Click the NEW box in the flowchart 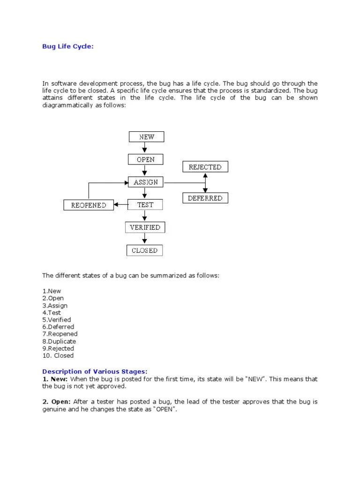coord(146,137)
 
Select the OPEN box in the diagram coord(145,159)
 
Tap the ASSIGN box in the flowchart coord(145,182)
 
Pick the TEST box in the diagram coord(145,204)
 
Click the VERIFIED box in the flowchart coord(145,227)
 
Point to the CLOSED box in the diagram coord(144,250)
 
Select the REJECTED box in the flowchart coord(205,167)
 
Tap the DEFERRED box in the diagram coord(205,198)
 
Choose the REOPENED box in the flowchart coord(89,205)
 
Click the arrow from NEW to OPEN coord(146,148)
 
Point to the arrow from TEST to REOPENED coord(120,204)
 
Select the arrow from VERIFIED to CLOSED coord(145,239)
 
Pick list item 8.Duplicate coord(59,341)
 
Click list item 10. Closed coord(58,355)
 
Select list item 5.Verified coord(57,320)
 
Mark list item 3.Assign coord(55,306)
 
